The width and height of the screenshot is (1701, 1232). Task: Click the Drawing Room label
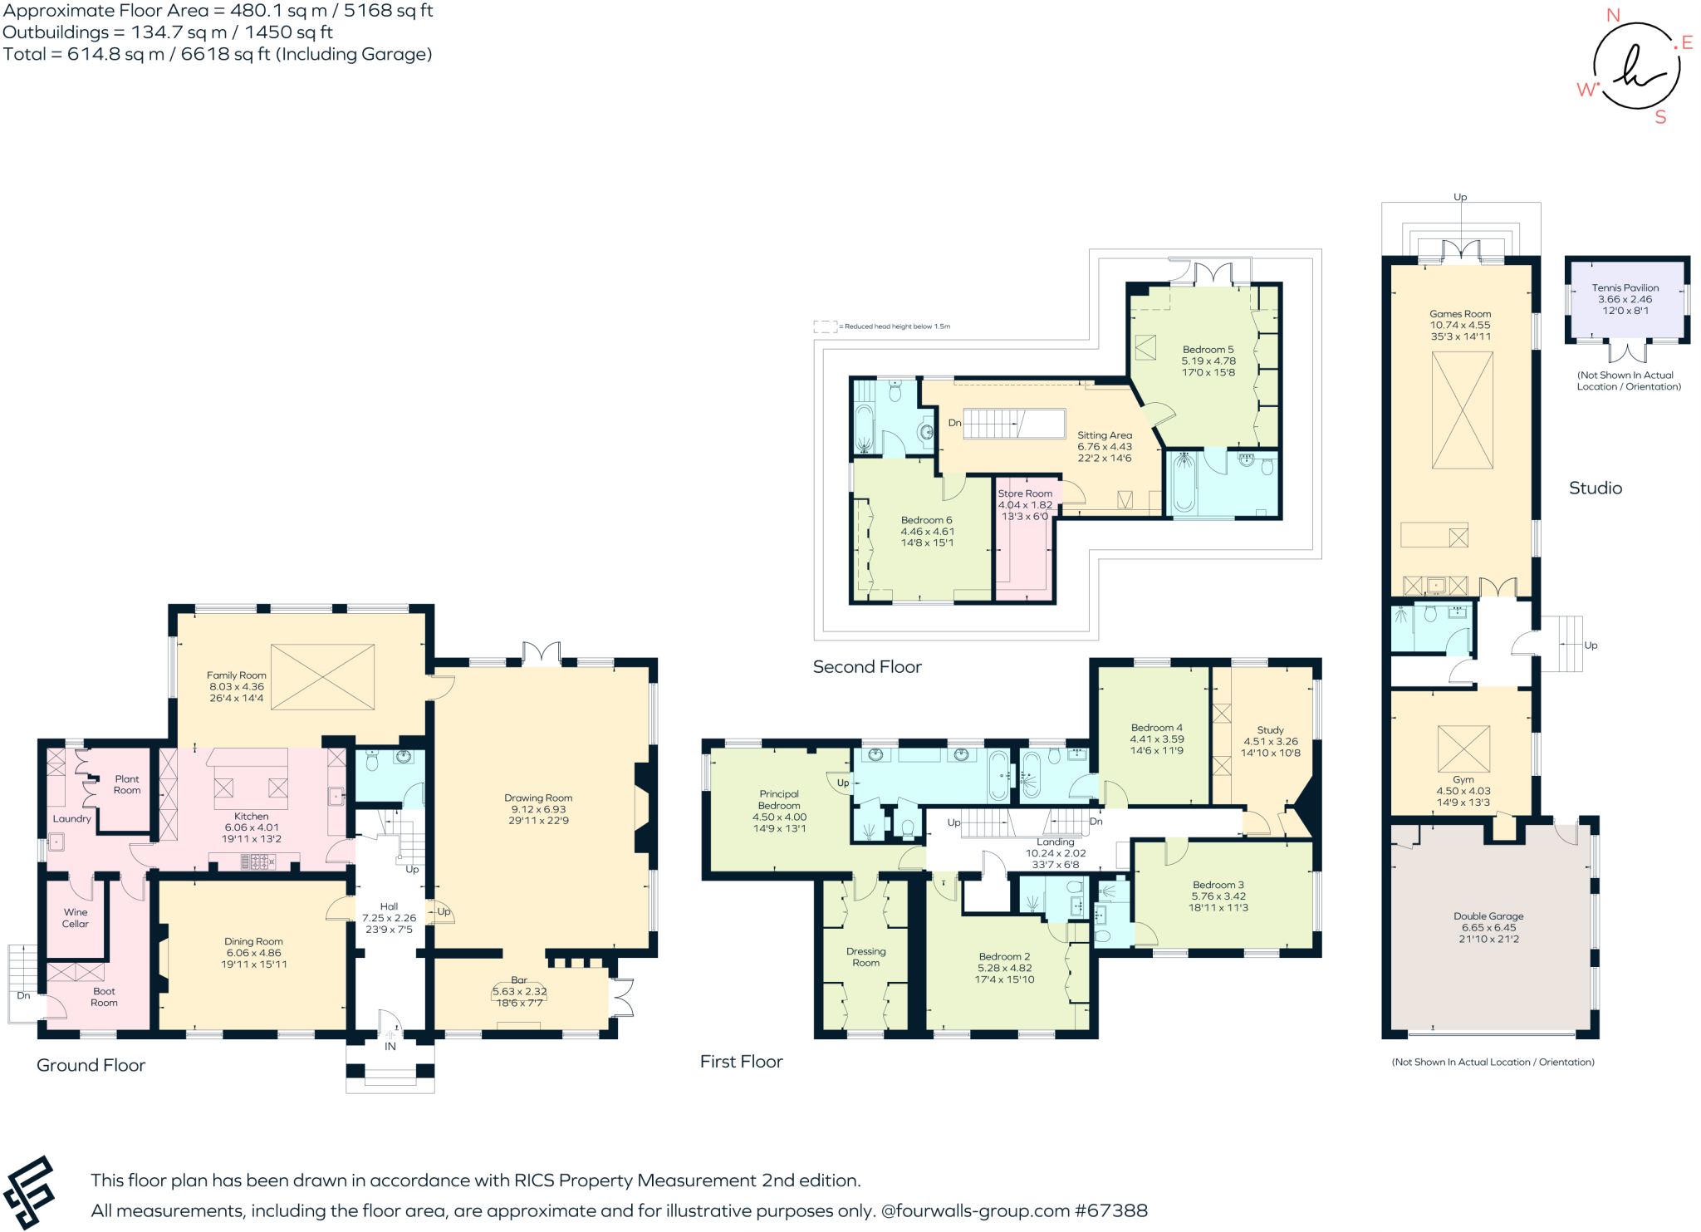click(x=538, y=798)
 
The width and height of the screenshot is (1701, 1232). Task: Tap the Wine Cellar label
click(x=75, y=917)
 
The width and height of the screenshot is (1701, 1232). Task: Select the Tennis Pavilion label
click(x=1625, y=287)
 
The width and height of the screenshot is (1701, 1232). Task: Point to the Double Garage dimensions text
click(x=1488, y=933)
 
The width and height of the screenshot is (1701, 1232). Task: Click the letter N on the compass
click(x=1613, y=15)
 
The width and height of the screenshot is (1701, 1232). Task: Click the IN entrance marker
click(x=390, y=1046)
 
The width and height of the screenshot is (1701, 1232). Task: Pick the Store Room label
click(x=1024, y=493)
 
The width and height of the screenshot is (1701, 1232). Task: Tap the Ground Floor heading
click(x=91, y=1065)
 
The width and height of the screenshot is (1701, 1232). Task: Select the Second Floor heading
click(x=866, y=666)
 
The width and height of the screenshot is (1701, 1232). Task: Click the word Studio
click(x=1595, y=488)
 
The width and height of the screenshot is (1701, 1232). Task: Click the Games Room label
click(x=1459, y=313)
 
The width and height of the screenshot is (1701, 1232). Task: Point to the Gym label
click(x=1463, y=779)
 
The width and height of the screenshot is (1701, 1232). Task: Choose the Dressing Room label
click(x=865, y=957)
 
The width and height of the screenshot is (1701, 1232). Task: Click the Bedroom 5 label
click(x=1208, y=349)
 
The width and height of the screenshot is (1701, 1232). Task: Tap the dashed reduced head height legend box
click(x=824, y=326)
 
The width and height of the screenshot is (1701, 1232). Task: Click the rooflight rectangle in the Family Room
click(x=322, y=676)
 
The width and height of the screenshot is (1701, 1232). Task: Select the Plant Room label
click(x=127, y=784)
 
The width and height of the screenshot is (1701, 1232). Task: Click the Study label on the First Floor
click(x=1270, y=729)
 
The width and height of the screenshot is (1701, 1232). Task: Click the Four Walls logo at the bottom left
click(x=30, y=1192)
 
